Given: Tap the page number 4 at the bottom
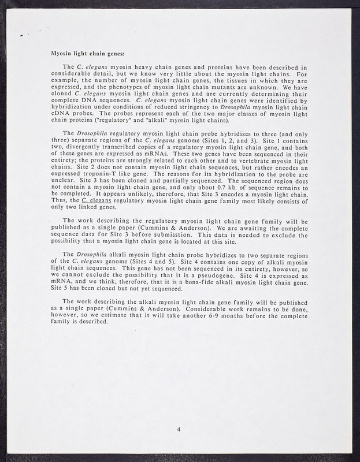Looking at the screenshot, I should pos(179,429).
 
